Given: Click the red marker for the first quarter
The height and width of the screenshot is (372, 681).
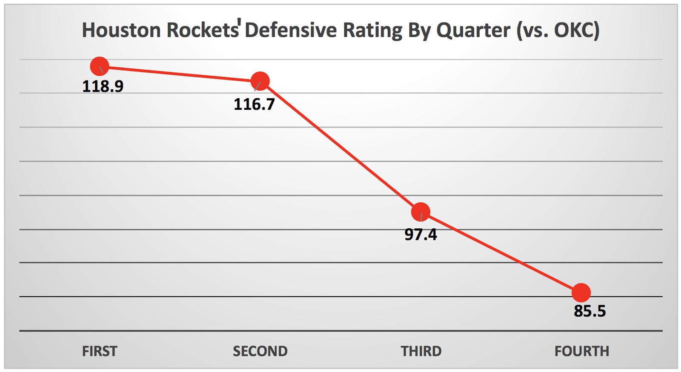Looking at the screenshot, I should point(100,66).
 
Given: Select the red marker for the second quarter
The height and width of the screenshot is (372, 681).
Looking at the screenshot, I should point(260,81).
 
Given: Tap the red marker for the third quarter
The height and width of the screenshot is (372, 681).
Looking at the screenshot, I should point(421,212).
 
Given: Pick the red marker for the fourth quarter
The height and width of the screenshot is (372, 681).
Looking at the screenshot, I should point(581,292).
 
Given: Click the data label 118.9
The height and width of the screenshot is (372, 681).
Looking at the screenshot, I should point(103,86).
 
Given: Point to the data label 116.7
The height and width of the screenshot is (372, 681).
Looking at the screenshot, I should point(254,104).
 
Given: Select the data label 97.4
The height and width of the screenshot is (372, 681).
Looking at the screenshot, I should point(421,235).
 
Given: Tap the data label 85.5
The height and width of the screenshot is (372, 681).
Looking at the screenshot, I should point(589,311).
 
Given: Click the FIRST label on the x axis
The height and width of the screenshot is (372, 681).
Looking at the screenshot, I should point(100,351).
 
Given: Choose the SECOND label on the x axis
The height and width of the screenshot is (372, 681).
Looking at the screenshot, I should point(260,351).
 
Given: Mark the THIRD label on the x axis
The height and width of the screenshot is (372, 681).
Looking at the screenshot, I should point(421,351).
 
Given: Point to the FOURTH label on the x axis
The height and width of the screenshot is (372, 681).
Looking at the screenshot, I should point(581,351).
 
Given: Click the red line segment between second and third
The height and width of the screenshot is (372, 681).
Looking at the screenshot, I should point(340,146).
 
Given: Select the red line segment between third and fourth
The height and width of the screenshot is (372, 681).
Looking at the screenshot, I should point(501,252).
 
